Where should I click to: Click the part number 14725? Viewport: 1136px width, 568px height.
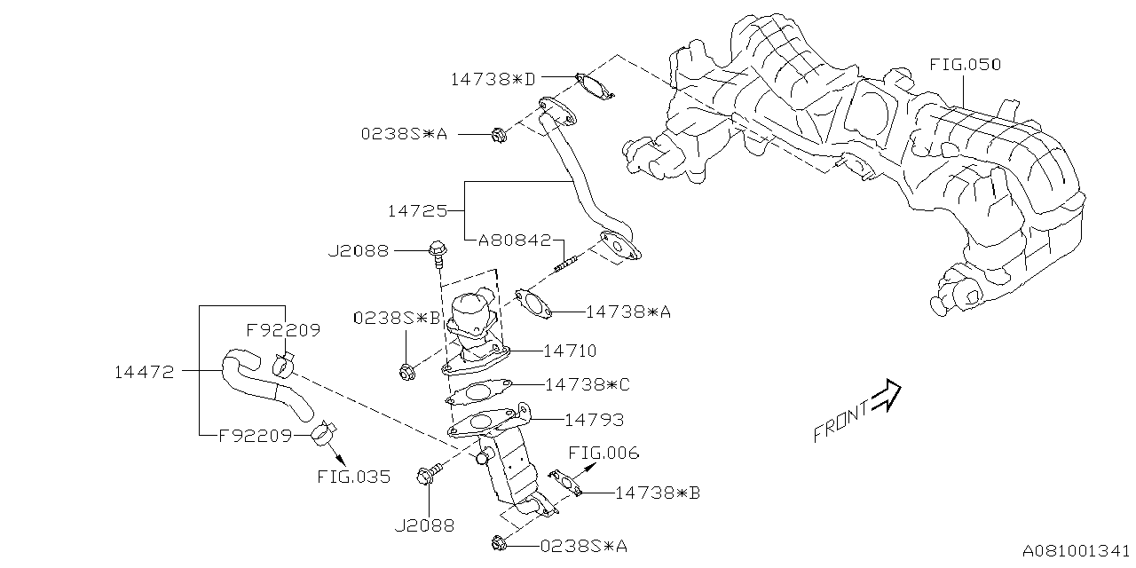417,211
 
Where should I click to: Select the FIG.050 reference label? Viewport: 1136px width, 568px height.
965,65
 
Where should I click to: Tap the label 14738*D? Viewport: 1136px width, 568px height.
493,79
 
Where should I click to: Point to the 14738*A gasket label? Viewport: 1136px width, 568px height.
628,312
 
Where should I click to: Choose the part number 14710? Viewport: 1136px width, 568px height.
570,351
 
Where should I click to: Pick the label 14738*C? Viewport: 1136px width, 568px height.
587,384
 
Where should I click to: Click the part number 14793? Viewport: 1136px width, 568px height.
593,420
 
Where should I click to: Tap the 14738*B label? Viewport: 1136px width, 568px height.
657,492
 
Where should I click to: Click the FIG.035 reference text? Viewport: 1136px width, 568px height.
353,477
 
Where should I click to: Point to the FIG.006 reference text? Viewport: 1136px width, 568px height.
603,454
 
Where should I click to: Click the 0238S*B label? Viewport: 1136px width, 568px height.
397,317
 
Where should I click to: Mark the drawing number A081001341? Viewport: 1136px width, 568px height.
1076,552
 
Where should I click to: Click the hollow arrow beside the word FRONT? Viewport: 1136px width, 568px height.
886,397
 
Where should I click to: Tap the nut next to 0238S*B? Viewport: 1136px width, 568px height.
407,373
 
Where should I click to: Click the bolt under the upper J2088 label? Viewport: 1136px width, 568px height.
436,252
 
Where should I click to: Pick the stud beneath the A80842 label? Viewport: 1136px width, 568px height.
566,263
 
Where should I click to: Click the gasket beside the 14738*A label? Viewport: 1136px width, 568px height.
533,302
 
